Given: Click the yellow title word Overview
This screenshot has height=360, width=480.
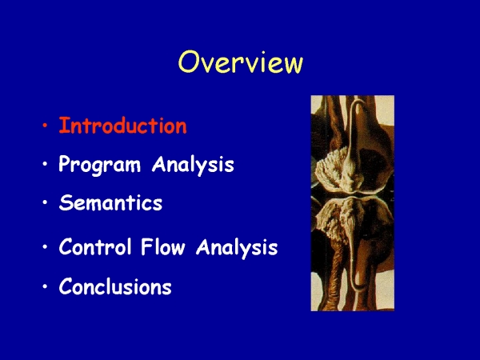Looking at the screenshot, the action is (x=241, y=62).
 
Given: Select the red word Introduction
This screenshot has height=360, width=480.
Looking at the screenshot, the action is (x=122, y=126).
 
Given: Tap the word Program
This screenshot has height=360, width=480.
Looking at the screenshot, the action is (x=99, y=166).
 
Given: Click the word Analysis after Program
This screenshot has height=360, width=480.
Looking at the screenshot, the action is (x=193, y=166).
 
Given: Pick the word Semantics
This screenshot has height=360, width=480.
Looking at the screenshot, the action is (x=110, y=202).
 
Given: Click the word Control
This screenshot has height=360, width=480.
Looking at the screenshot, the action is (x=95, y=246).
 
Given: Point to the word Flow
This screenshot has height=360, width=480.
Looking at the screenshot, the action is (x=163, y=246).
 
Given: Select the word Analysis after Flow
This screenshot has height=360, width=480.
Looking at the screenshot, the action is (x=237, y=247).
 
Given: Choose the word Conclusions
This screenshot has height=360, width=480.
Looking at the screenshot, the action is (x=115, y=286).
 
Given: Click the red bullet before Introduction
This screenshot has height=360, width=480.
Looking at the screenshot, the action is (x=46, y=126).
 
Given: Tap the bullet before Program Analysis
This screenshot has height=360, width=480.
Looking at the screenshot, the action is (x=46, y=164).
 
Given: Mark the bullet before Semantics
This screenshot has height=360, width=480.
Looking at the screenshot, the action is (x=46, y=202).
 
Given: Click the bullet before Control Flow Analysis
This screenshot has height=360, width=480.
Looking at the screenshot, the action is (x=46, y=246).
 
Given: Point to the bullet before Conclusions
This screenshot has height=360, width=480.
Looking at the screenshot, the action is (x=46, y=286).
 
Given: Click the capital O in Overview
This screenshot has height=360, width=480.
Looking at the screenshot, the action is (x=188, y=62).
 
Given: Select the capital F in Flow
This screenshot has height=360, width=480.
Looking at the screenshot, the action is (x=146, y=246).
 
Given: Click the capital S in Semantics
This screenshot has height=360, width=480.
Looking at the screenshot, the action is (x=66, y=202).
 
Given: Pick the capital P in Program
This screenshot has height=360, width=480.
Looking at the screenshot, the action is (x=65, y=164).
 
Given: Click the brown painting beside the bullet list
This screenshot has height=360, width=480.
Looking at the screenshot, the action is (x=353, y=203).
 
